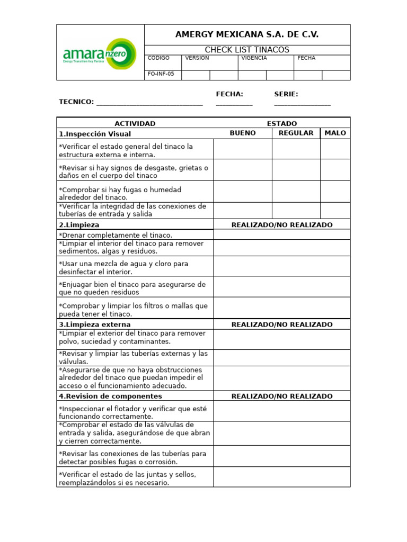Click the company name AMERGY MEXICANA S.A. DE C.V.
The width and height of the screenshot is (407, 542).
[x=247, y=35]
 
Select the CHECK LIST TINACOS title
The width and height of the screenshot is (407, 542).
[x=247, y=50]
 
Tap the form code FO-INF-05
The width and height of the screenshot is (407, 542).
[x=161, y=74]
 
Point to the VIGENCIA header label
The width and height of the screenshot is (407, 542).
[x=254, y=58]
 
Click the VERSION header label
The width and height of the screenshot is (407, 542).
[x=197, y=58]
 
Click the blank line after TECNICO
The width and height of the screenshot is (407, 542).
[x=149, y=102]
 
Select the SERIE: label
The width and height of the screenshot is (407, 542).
[x=286, y=94]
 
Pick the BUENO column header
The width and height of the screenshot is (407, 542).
[x=243, y=133]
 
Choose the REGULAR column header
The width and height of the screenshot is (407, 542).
[x=296, y=133]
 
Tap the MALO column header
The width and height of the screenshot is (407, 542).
[x=335, y=133]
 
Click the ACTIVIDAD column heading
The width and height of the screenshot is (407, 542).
[x=135, y=124]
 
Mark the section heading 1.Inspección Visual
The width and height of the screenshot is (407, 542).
[x=95, y=134]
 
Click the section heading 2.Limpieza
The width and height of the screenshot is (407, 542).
[x=79, y=225]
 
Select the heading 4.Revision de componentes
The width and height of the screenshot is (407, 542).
[x=110, y=396]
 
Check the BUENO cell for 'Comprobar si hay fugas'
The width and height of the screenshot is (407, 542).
[x=243, y=191]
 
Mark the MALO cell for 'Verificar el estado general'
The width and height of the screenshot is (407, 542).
[x=335, y=149]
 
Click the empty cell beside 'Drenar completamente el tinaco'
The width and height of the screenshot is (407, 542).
[x=281, y=234]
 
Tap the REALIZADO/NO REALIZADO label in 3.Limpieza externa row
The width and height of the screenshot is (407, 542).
[x=282, y=324]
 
